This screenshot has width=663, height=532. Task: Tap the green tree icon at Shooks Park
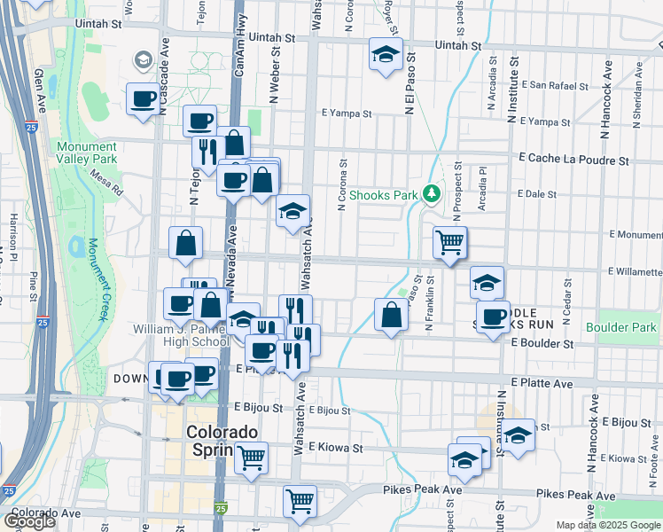click(x=432, y=192)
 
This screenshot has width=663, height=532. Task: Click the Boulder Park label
click(x=628, y=327)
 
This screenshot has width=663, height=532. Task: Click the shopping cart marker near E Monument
click(x=450, y=241)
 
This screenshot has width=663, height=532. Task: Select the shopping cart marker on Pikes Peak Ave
click(x=300, y=501)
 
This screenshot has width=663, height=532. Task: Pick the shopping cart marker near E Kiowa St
click(x=252, y=457)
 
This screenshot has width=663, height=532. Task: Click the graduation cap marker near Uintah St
click(x=386, y=55)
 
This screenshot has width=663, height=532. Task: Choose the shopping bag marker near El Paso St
click(x=391, y=315)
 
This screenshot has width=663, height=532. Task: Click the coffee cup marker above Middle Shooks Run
click(x=494, y=317)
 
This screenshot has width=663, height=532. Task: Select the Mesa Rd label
click(x=105, y=184)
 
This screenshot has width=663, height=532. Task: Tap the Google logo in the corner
click(x=29, y=521)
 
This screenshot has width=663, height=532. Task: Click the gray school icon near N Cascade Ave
click(x=141, y=60)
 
